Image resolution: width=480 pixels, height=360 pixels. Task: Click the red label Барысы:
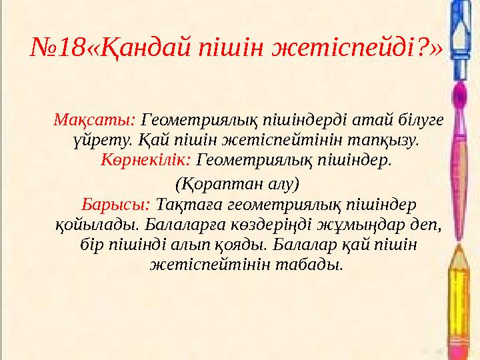(116, 204)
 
